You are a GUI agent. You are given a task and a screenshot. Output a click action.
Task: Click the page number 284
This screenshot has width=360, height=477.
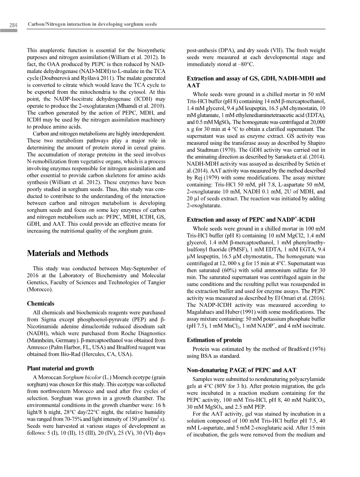point(14,25)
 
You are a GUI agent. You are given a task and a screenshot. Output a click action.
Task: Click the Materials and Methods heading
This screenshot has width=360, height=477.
point(68,253)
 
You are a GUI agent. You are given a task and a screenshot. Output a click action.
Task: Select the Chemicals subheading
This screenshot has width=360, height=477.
point(40,303)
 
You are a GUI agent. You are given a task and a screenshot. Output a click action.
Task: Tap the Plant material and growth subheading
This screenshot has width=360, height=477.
point(61,368)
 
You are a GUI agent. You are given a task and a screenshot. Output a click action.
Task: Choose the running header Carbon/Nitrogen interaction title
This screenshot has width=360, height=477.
point(92,24)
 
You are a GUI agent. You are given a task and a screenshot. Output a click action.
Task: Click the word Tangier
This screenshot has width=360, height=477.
point(155,282)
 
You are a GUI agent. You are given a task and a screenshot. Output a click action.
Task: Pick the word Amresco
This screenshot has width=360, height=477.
point(38,347)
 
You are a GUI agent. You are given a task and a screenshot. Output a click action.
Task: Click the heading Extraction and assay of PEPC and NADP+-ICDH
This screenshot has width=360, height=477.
point(251,219)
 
